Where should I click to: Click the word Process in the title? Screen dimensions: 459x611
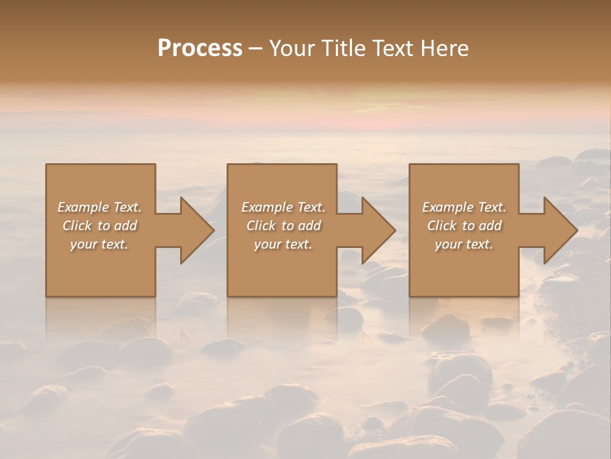coord(200,48)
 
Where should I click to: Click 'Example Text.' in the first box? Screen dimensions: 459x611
coord(99,207)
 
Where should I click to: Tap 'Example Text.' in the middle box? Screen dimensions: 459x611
coord(283,207)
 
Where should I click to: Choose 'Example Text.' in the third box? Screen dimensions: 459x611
coord(464,207)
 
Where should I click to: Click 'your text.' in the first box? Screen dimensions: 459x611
coord(99,244)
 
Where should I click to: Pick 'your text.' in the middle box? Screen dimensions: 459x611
coord(283,244)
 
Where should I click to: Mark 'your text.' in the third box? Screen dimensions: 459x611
coord(464,244)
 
